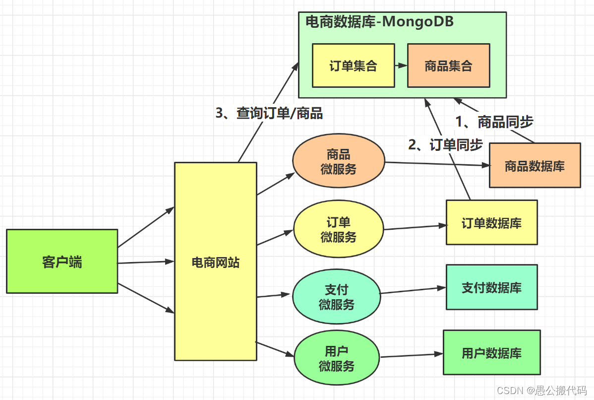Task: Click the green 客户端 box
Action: pos(62,261)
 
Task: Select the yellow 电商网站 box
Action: pos(216,262)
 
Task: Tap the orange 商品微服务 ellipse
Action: pos(339,162)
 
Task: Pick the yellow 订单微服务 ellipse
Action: pos(339,230)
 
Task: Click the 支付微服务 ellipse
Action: pos(337,297)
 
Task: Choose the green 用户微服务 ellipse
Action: pos(337,359)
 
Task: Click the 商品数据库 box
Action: pos(535,165)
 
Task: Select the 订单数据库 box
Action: pos(491,222)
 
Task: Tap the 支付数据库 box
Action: pos(491,287)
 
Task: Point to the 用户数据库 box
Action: pos(491,352)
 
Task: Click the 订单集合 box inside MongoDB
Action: pos(353,66)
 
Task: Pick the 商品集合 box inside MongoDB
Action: pos(448,66)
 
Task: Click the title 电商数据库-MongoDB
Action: pos(379,22)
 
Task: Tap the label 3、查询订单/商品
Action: pos(269,113)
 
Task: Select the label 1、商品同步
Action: pos(494,122)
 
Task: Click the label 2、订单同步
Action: pos(445,144)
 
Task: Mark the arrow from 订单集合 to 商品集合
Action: pos(401,66)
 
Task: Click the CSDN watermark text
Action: pos(542,391)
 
